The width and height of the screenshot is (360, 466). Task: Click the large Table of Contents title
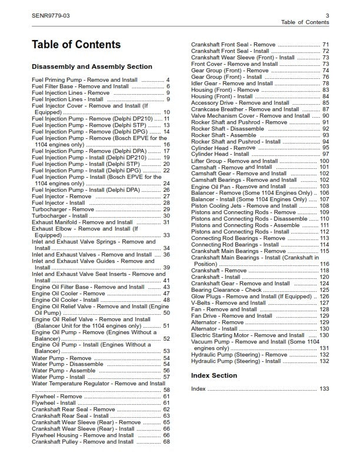tap(76, 45)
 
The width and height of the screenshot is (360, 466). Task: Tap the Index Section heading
tap(214, 375)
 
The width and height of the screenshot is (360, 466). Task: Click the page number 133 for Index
tap(324, 389)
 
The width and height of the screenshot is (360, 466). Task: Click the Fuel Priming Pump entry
tap(85, 80)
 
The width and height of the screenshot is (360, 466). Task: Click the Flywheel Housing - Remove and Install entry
tap(85, 435)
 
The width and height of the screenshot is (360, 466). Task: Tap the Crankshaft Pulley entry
tap(83, 442)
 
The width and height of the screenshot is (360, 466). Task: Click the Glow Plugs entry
tap(251, 297)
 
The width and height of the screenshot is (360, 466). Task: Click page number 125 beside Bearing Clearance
tap(324, 290)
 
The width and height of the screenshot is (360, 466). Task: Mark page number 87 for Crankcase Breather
tap(325, 109)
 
